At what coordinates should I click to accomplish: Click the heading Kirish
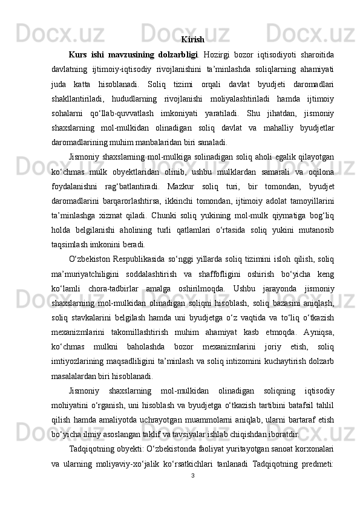192,40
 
